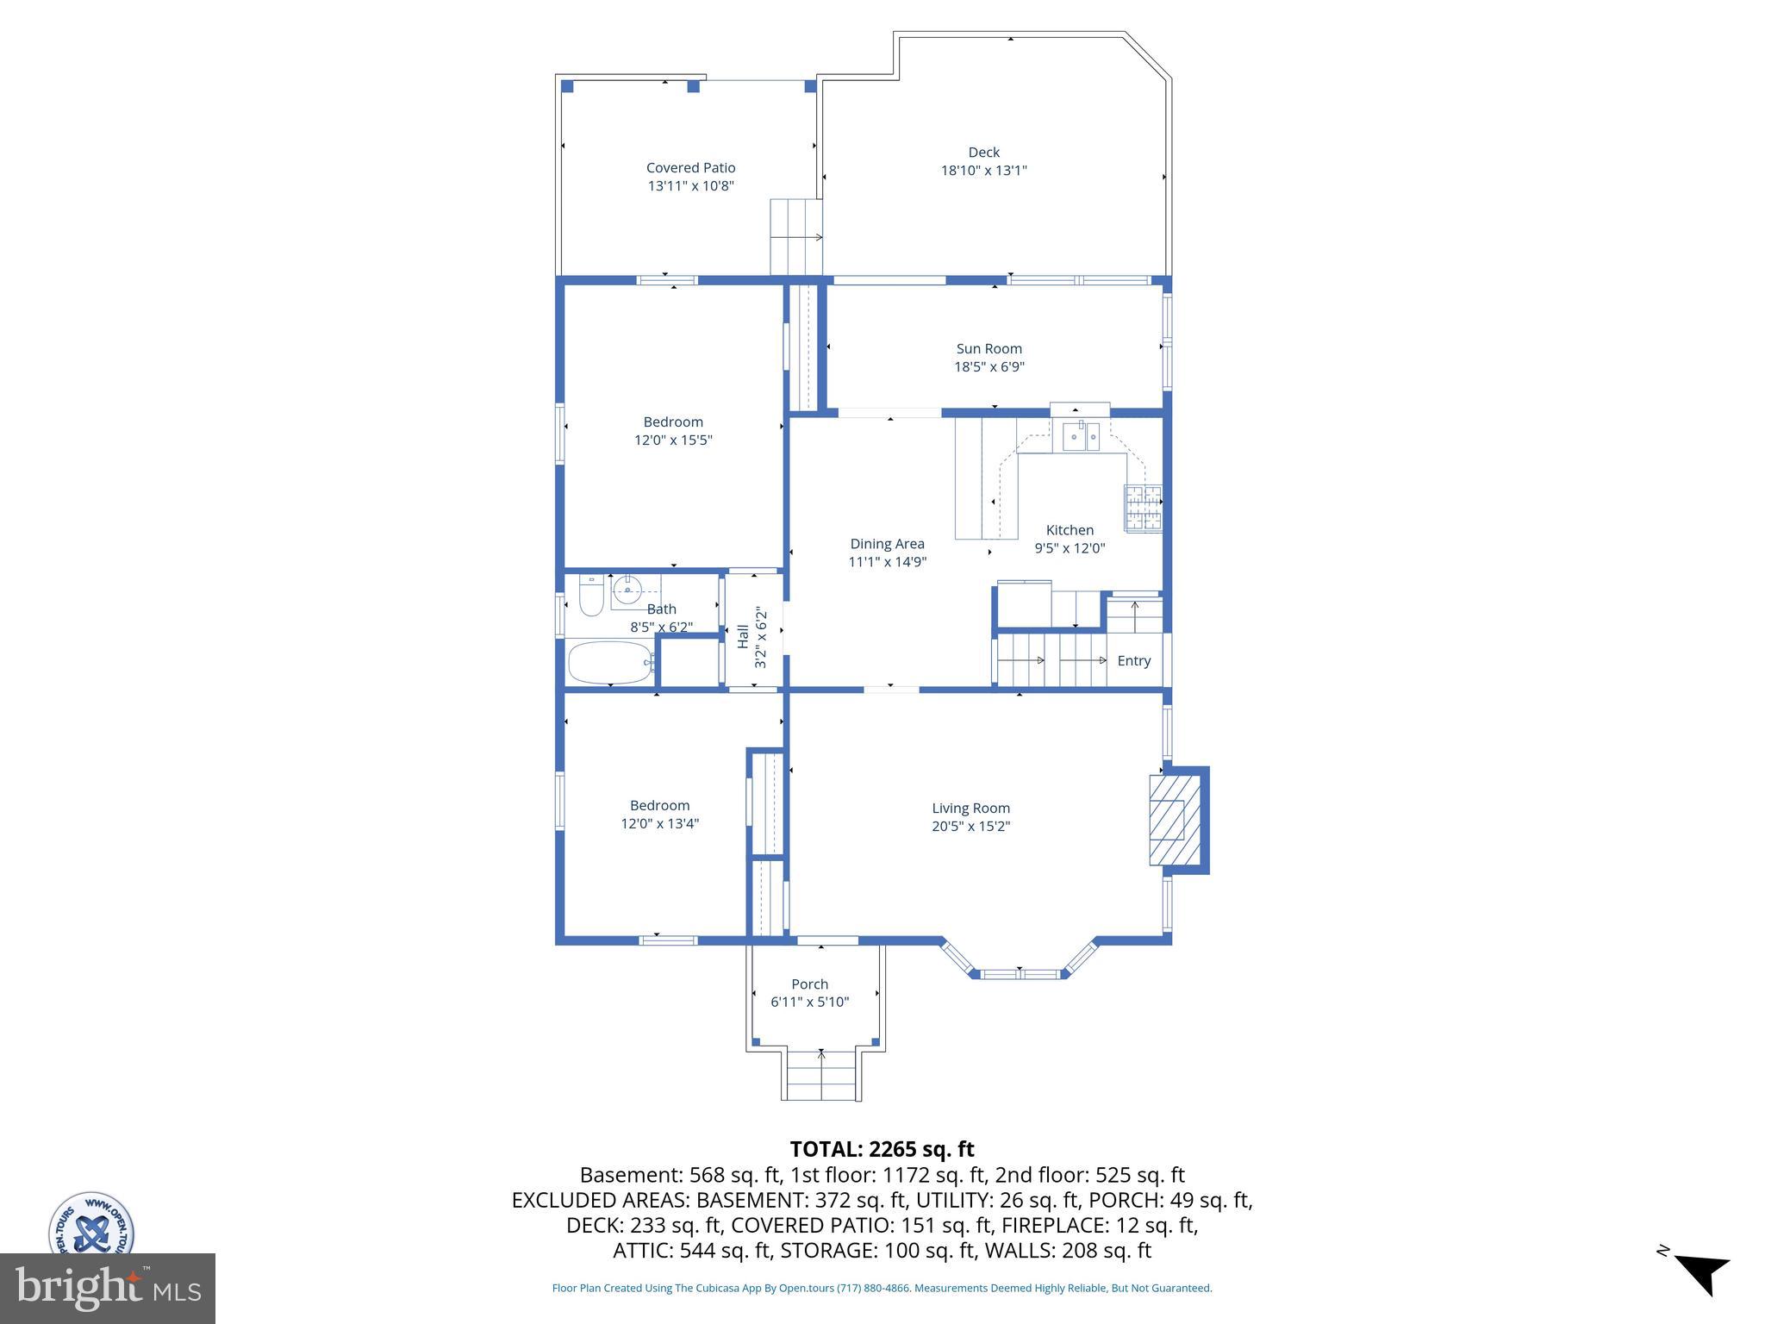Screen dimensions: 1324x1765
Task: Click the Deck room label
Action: pos(983,153)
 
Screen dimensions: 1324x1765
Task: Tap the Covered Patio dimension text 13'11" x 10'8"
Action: pos(690,186)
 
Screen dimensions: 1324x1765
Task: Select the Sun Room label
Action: pos(989,349)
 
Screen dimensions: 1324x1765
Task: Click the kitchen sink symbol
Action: pos(1080,437)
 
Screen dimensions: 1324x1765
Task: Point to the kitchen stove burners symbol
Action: pos(1143,508)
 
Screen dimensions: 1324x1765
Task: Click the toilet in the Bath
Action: pos(590,596)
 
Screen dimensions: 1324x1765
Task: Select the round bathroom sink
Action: pos(628,590)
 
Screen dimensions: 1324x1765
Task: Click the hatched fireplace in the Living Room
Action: pos(1175,820)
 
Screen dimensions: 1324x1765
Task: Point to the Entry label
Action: pos(1133,661)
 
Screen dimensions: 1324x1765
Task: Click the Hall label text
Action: pos(743,637)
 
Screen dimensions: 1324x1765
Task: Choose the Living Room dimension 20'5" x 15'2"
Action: pos(970,827)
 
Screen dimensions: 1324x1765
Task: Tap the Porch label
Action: pos(809,984)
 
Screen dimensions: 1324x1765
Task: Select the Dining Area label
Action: pos(887,544)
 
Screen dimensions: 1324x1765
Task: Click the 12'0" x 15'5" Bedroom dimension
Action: pos(673,440)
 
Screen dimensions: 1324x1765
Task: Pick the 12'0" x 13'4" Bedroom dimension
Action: pos(659,824)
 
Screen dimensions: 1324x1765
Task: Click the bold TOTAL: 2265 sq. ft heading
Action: pos(882,1149)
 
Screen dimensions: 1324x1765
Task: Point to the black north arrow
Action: pos(1703,1272)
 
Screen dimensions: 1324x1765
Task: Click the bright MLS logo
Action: pos(108,1288)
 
